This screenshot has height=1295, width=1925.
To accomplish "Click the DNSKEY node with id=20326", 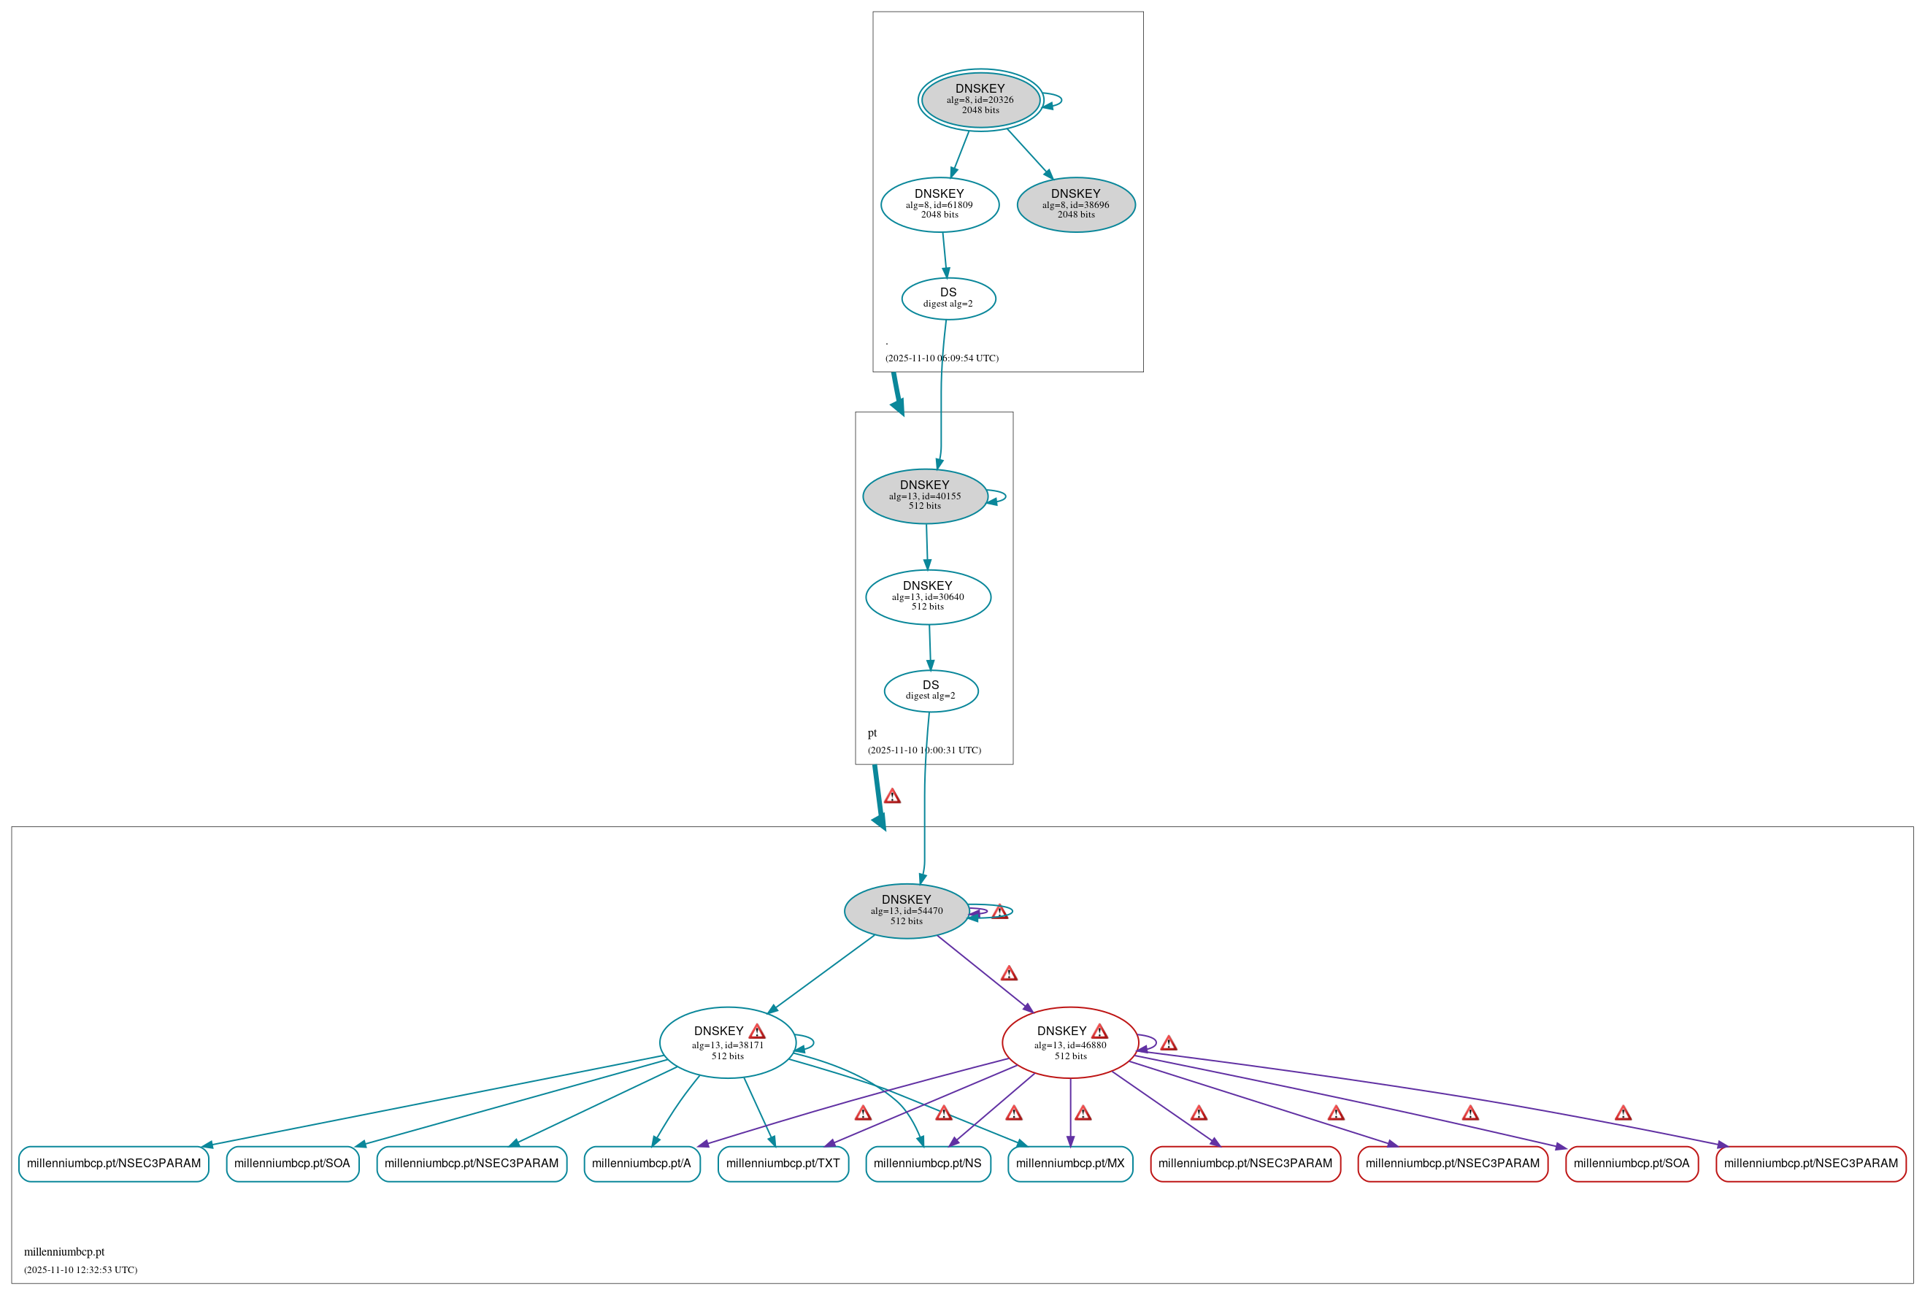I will [980, 99].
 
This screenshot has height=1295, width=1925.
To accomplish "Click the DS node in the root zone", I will [948, 298].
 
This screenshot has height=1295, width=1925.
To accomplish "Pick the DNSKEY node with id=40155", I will [924, 496].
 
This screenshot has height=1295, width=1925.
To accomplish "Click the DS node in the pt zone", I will [931, 691].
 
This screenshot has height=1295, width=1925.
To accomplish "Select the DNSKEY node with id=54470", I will [906, 910].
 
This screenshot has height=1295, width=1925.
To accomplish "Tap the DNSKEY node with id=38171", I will [727, 1042].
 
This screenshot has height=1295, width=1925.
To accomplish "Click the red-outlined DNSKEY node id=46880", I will [1069, 1042].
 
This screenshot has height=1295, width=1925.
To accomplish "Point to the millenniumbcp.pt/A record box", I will [642, 1164].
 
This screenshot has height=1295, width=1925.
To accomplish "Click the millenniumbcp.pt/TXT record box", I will [783, 1164].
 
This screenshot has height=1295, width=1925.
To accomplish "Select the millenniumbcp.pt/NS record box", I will [927, 1164].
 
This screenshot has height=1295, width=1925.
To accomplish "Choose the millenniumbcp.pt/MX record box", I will [1069, 1164].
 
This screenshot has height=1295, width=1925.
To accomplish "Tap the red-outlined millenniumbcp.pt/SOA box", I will [1631, 1164].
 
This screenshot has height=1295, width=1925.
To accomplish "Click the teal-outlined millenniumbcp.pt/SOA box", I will [292, 1164].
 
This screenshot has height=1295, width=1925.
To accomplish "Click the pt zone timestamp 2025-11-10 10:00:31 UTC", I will [924, 750].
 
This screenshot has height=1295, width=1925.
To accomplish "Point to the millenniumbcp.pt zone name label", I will [64, 1252].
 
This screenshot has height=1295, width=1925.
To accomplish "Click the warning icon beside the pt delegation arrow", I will [892, 796].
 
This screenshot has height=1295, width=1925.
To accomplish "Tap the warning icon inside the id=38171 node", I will [756, 1031].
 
